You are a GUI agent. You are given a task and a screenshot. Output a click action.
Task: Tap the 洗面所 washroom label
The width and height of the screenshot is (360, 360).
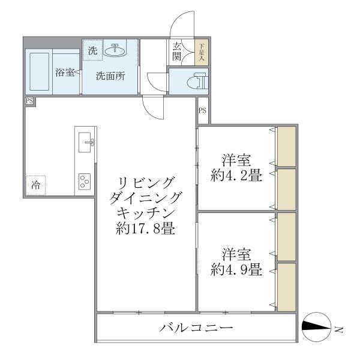coord(111,76)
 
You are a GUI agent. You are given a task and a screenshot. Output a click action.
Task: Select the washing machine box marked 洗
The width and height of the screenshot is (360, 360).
coord(92,51)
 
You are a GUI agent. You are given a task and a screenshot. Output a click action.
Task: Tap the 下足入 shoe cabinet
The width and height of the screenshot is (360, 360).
coord(202,52)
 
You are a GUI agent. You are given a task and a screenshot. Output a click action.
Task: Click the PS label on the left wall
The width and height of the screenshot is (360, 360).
coord(29,101)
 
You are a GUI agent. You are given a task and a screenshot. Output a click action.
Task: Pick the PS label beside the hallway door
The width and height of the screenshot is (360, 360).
coord(202,110)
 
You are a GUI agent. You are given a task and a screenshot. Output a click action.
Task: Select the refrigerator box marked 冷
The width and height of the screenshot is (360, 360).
coord(36,185)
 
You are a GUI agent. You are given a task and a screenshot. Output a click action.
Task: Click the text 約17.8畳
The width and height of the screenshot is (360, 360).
coord(146,229)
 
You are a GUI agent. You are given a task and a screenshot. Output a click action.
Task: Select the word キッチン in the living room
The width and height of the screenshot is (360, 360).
coord(146,213)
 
